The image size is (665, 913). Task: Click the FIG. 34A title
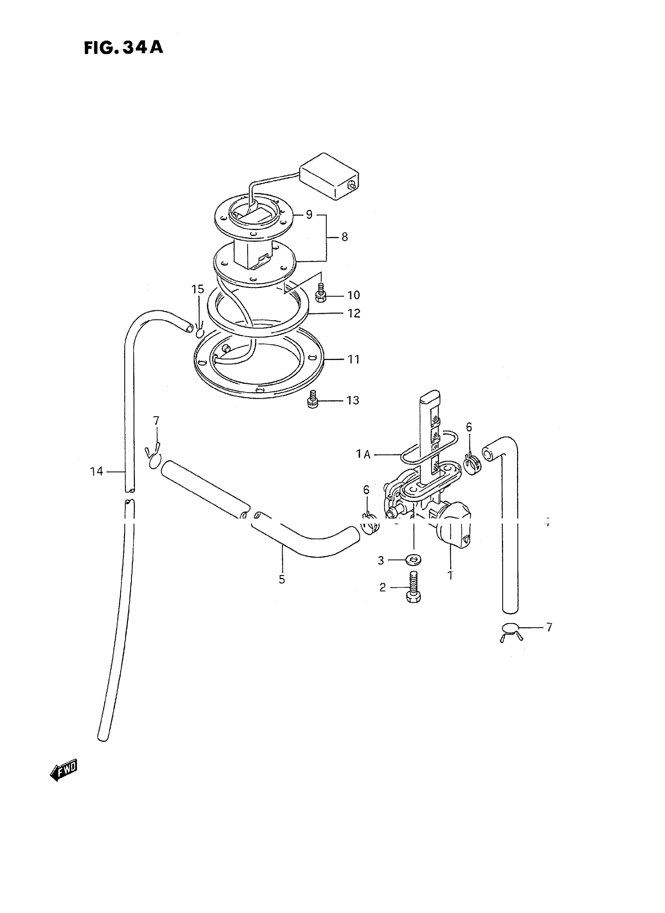pos(124,47)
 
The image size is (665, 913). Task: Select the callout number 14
pos(96,471)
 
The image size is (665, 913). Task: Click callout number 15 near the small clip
pos(198,289)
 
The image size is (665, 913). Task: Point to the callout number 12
pos(354,313)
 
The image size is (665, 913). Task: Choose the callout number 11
pos(354,359)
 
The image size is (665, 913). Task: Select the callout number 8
pos(345,237)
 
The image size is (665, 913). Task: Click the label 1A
pos(363,455)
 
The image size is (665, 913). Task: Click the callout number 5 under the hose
pos(282,579)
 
